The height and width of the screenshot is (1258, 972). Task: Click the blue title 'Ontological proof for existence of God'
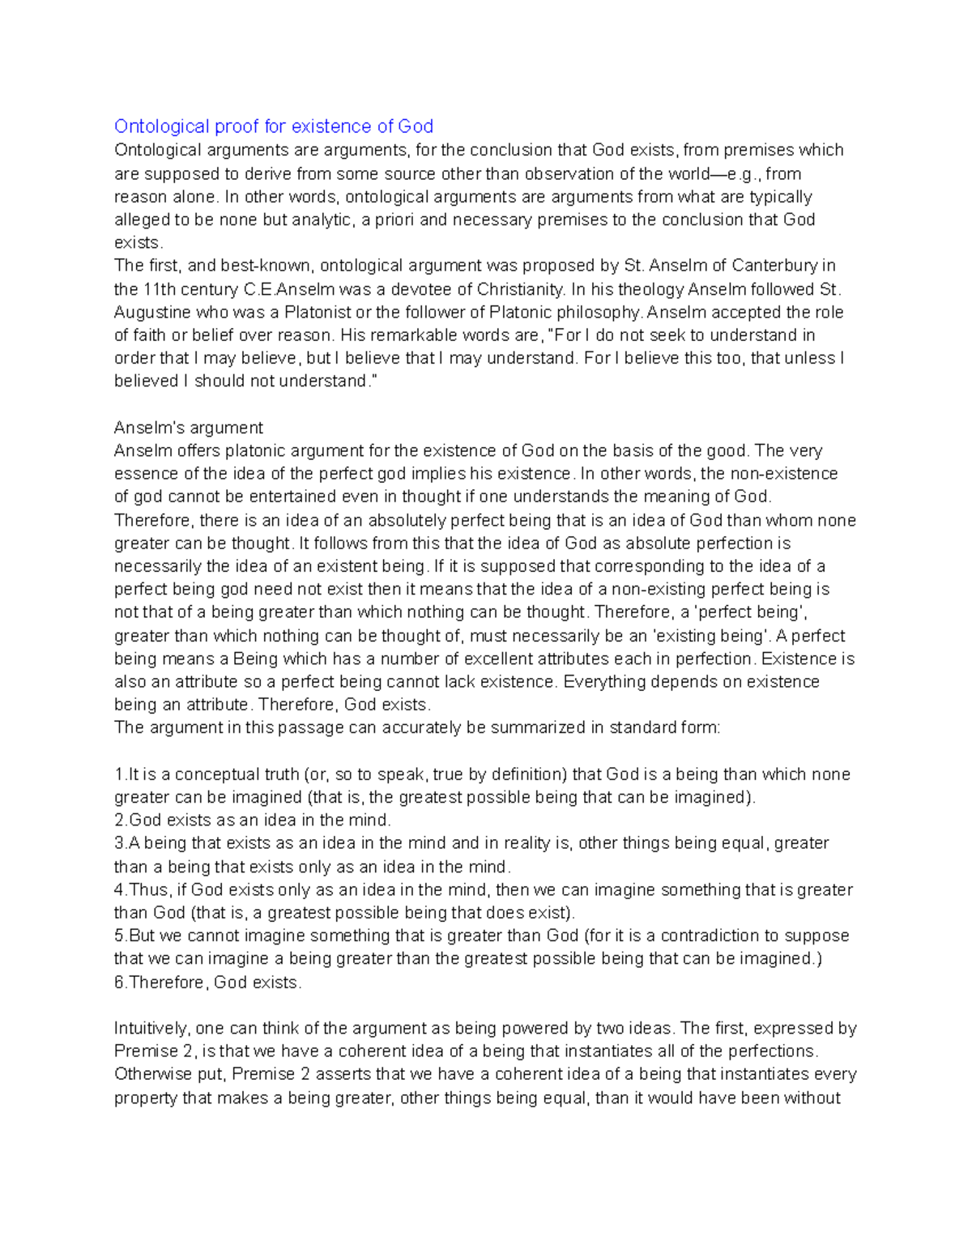tap(273, 126)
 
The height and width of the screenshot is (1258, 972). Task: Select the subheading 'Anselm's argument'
tap(188, 428)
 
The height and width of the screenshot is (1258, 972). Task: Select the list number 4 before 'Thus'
tap(119, 890)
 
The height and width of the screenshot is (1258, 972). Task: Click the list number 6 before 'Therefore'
tap(119, 983)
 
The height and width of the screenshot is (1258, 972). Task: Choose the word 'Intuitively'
tap(152, 1029)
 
